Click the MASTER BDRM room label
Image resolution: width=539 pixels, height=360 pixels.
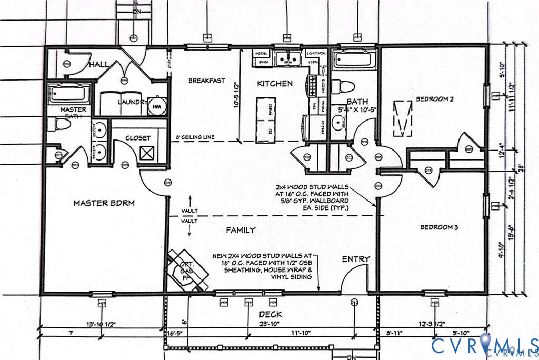[x=98, y=203]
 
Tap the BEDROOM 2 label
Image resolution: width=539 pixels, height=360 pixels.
[x=434, y=99]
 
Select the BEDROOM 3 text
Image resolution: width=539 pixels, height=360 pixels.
[x=438, y=227]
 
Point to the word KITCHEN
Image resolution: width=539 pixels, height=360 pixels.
[x=274, y=83]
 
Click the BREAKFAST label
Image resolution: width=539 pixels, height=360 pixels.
[x=207, y=81]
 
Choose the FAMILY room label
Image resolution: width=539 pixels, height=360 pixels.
[x=241, y=230]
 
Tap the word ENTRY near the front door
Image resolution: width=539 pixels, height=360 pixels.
[x=356, y=259]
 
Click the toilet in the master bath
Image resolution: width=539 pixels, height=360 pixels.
[x=61, y=124]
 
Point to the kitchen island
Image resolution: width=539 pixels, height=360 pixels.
[x=264, y=120]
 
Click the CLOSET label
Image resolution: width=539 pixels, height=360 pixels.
[x=138, y=138]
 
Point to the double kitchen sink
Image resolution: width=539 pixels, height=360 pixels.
[x=288, y=57]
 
